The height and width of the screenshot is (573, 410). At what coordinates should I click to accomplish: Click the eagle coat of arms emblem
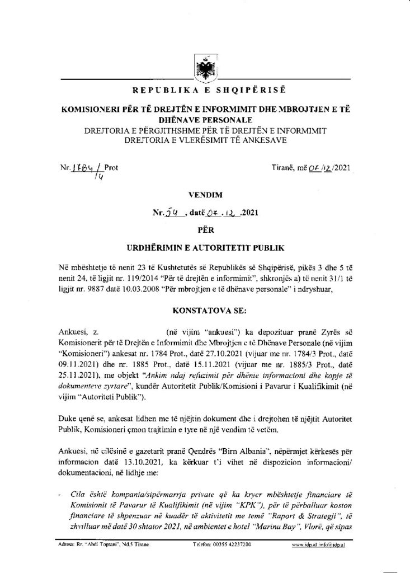204,68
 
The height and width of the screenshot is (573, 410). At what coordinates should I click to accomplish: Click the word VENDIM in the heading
205,195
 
